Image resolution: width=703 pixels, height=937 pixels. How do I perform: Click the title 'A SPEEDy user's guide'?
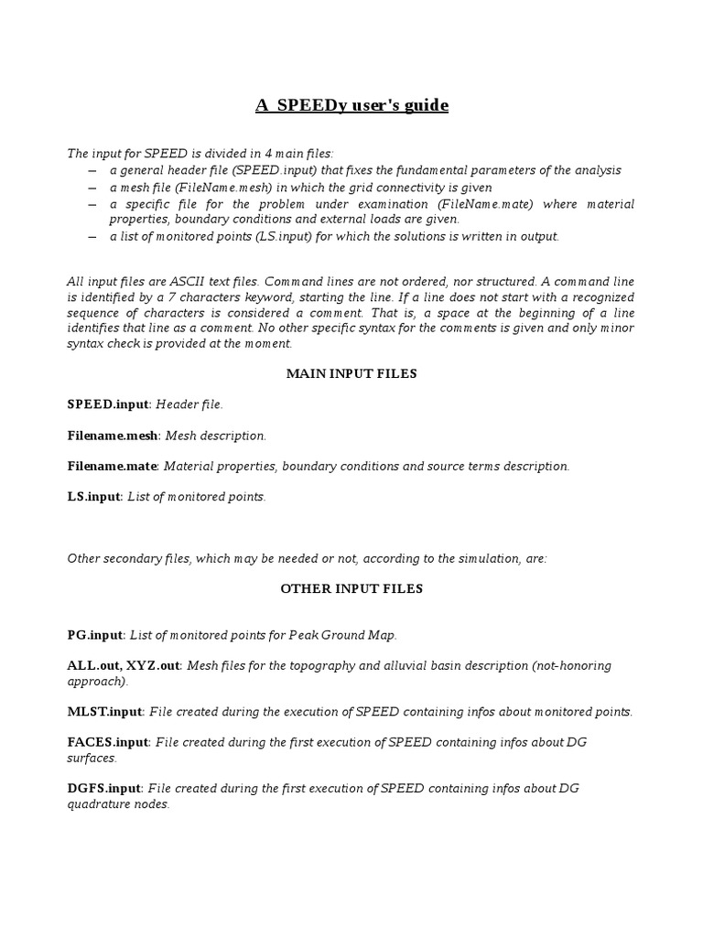tap(351, 106)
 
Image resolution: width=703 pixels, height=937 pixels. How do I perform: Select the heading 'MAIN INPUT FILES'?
tap(351, 373)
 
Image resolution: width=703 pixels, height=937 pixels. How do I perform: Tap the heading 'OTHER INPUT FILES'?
tap(351, 588)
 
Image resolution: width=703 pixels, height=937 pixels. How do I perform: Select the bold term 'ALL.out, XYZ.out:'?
tap(125, 665)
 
